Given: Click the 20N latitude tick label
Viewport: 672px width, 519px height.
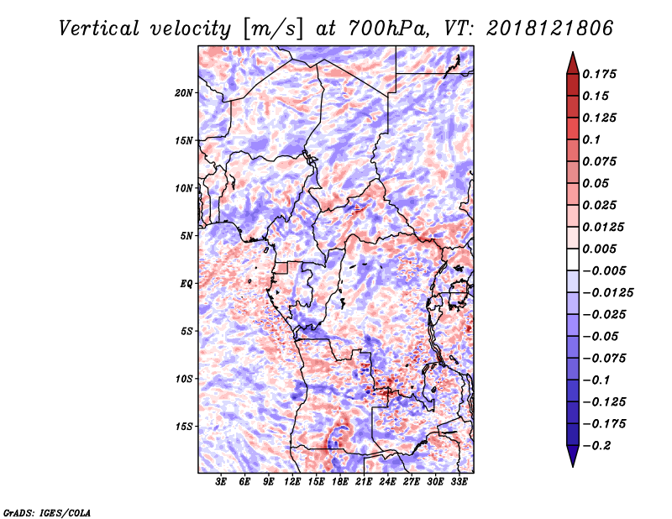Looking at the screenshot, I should pyautogui.click(x=184, y=92).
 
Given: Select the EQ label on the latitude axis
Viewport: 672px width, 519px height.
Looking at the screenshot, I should pyautogui.click(x=186, y=283).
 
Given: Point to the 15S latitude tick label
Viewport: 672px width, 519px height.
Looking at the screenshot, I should pyautogui.click(x=184, y=427).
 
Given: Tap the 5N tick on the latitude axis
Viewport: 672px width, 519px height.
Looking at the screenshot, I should pyautogui.click(x=186, y=236).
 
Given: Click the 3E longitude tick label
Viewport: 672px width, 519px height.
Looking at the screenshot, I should pyautogui.click(x=222, y=482).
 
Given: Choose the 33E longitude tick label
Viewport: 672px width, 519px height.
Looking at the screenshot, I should pyautogui.click(x=459, y=482).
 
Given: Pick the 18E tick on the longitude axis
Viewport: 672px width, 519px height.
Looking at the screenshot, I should pyautogui.click(x=340, y=482).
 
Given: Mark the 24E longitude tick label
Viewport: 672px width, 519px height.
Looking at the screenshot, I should pyautogui.click(x=388, y=482).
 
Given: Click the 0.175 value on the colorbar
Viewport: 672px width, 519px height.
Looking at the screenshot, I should pyautogui.click(x=600, y=74).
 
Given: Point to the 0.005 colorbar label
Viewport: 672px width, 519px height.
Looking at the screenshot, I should pyautogui.click(x=600, y=249).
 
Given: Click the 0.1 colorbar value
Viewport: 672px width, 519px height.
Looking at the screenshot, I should pyautogui.click(x=592, y=139).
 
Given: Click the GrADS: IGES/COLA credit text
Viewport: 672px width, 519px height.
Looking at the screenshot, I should pyautogui.click(x=46, y=511).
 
